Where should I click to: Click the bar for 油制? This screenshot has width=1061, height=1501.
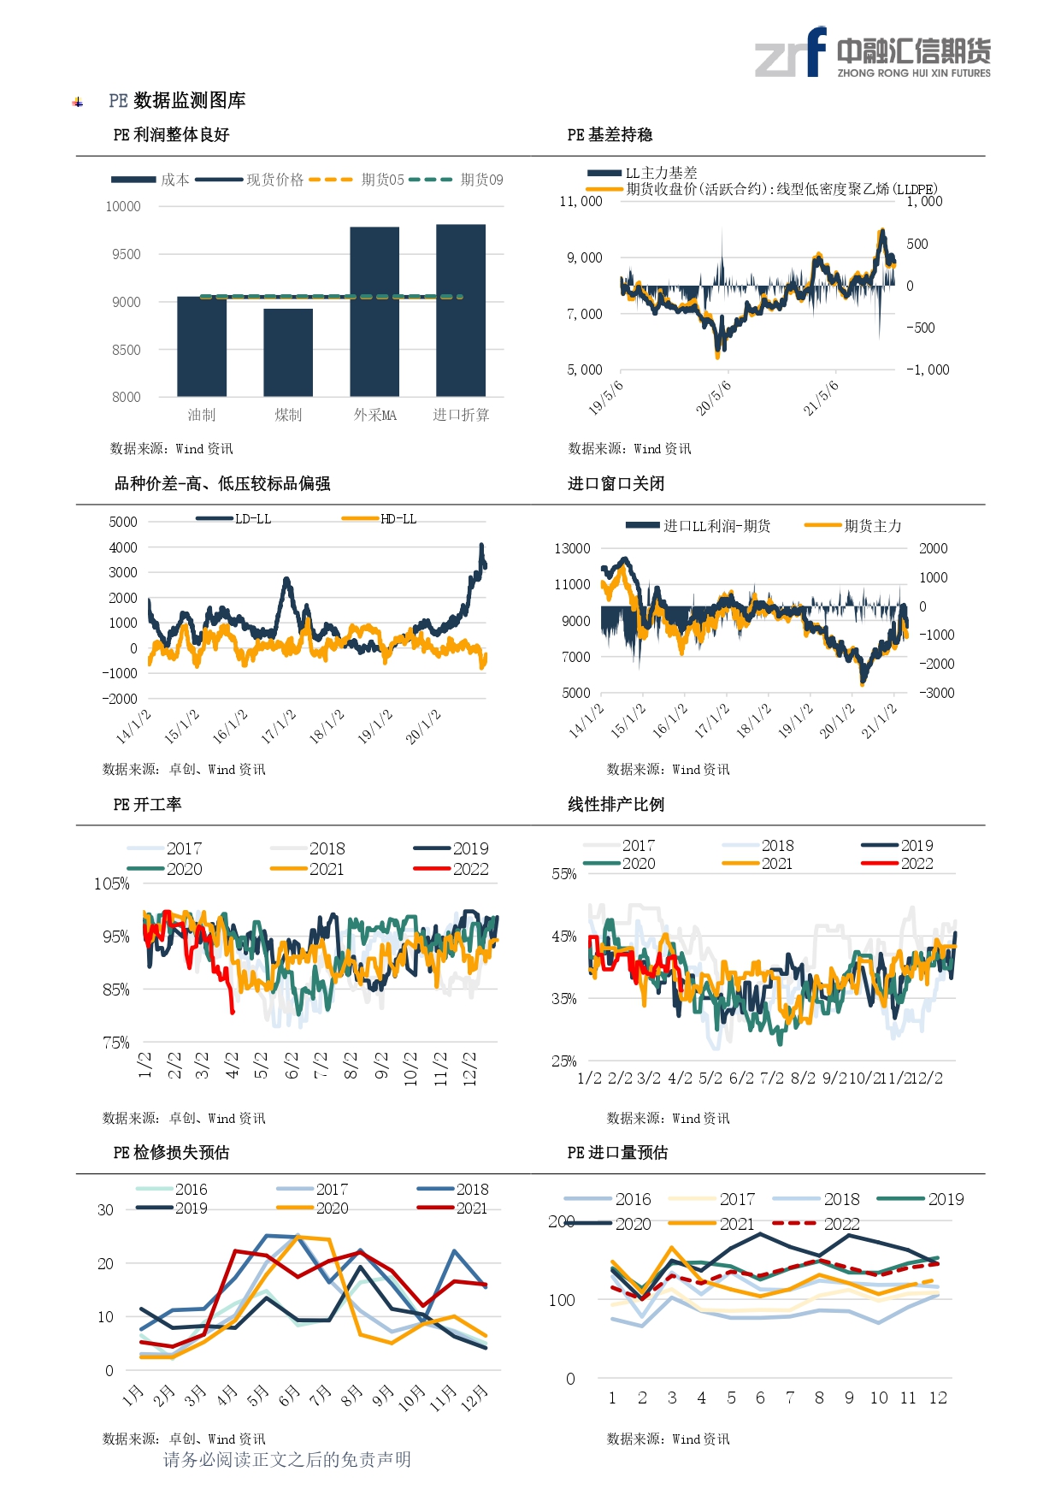click(202, 346)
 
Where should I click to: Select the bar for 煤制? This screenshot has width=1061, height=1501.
click(288, 352)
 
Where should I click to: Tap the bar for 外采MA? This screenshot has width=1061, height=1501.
click(374, 311)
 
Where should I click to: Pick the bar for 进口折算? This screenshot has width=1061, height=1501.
click(461, 310)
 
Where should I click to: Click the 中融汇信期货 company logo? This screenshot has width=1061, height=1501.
click(873, 53)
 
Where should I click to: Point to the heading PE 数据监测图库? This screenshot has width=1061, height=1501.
click(177, 101)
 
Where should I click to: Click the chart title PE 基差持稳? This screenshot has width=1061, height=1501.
click(610, 135)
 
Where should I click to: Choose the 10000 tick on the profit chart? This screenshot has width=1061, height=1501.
click(123, 206)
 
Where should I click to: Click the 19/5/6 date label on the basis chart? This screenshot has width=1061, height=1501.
click(605, 398)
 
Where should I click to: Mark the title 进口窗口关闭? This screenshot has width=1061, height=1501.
click(616, 484)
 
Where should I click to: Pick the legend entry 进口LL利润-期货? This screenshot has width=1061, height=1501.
click(698, 526)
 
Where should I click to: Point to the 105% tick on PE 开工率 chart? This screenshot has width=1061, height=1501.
click(112, 883)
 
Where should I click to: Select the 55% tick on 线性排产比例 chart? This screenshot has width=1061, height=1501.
click(564, 874)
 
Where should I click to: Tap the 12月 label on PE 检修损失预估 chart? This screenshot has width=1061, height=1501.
click(475, 1395)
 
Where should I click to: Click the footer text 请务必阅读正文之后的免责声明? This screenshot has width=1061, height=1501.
click(287, 1460)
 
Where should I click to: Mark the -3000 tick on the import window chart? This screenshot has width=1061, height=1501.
click(937, 693)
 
